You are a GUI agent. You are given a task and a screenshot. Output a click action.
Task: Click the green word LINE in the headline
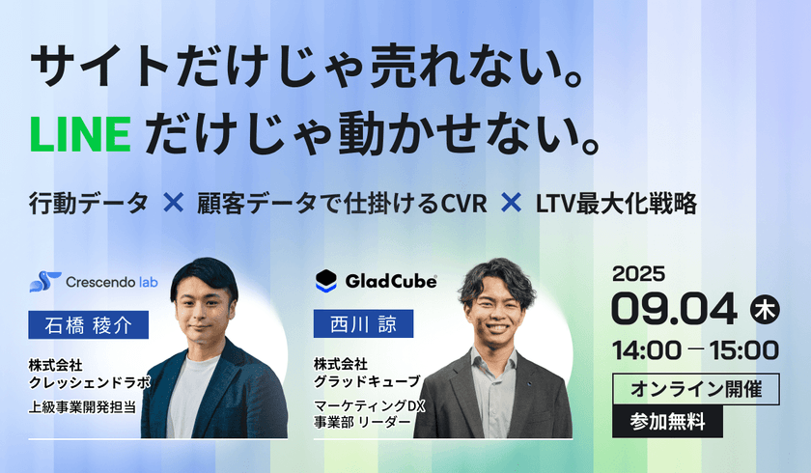click(81, 134)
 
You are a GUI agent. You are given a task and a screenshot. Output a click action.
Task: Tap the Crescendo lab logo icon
click(44, 283)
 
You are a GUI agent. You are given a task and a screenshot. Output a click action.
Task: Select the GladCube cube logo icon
click(326, 281)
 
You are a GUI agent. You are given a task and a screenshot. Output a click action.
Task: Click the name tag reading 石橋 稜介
click(89, 324)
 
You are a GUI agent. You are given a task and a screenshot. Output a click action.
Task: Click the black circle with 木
click(764, 309)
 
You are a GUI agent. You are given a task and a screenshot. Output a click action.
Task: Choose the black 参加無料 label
click(667, 420)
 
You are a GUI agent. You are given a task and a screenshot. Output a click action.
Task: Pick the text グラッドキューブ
click(368, 380)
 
